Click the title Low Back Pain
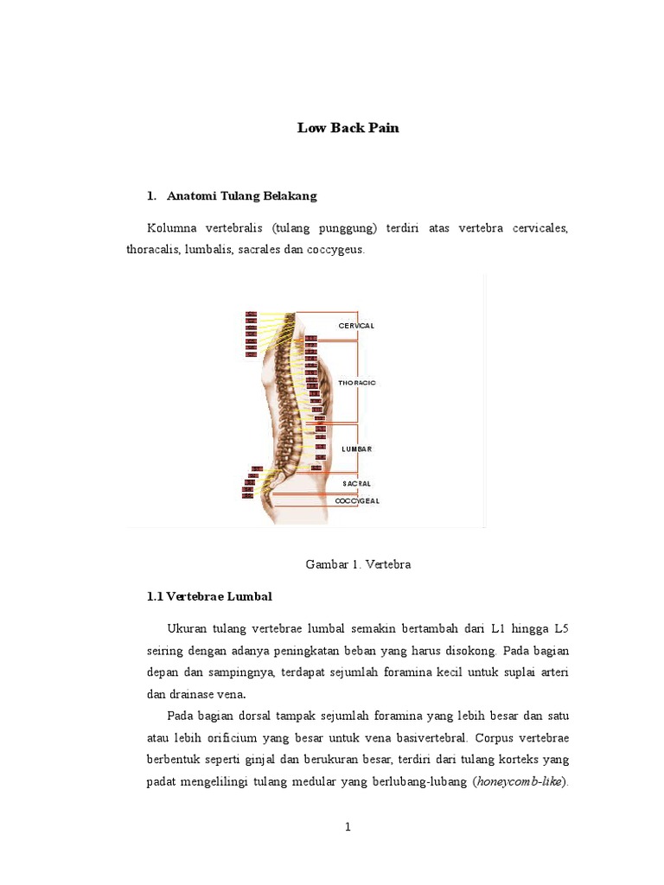coord(348,128)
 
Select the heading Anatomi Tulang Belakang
coord(242,196)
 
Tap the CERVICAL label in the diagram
coord(356,326)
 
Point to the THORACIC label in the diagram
coord(357,382)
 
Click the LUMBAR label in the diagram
coord(356,449)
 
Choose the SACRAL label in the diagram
coord(356,483)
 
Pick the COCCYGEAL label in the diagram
coord(357,500)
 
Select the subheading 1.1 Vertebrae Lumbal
coord(209,597)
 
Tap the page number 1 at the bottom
coord(348,827)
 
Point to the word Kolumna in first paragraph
coord(172,228)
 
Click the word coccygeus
coord(337,250)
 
